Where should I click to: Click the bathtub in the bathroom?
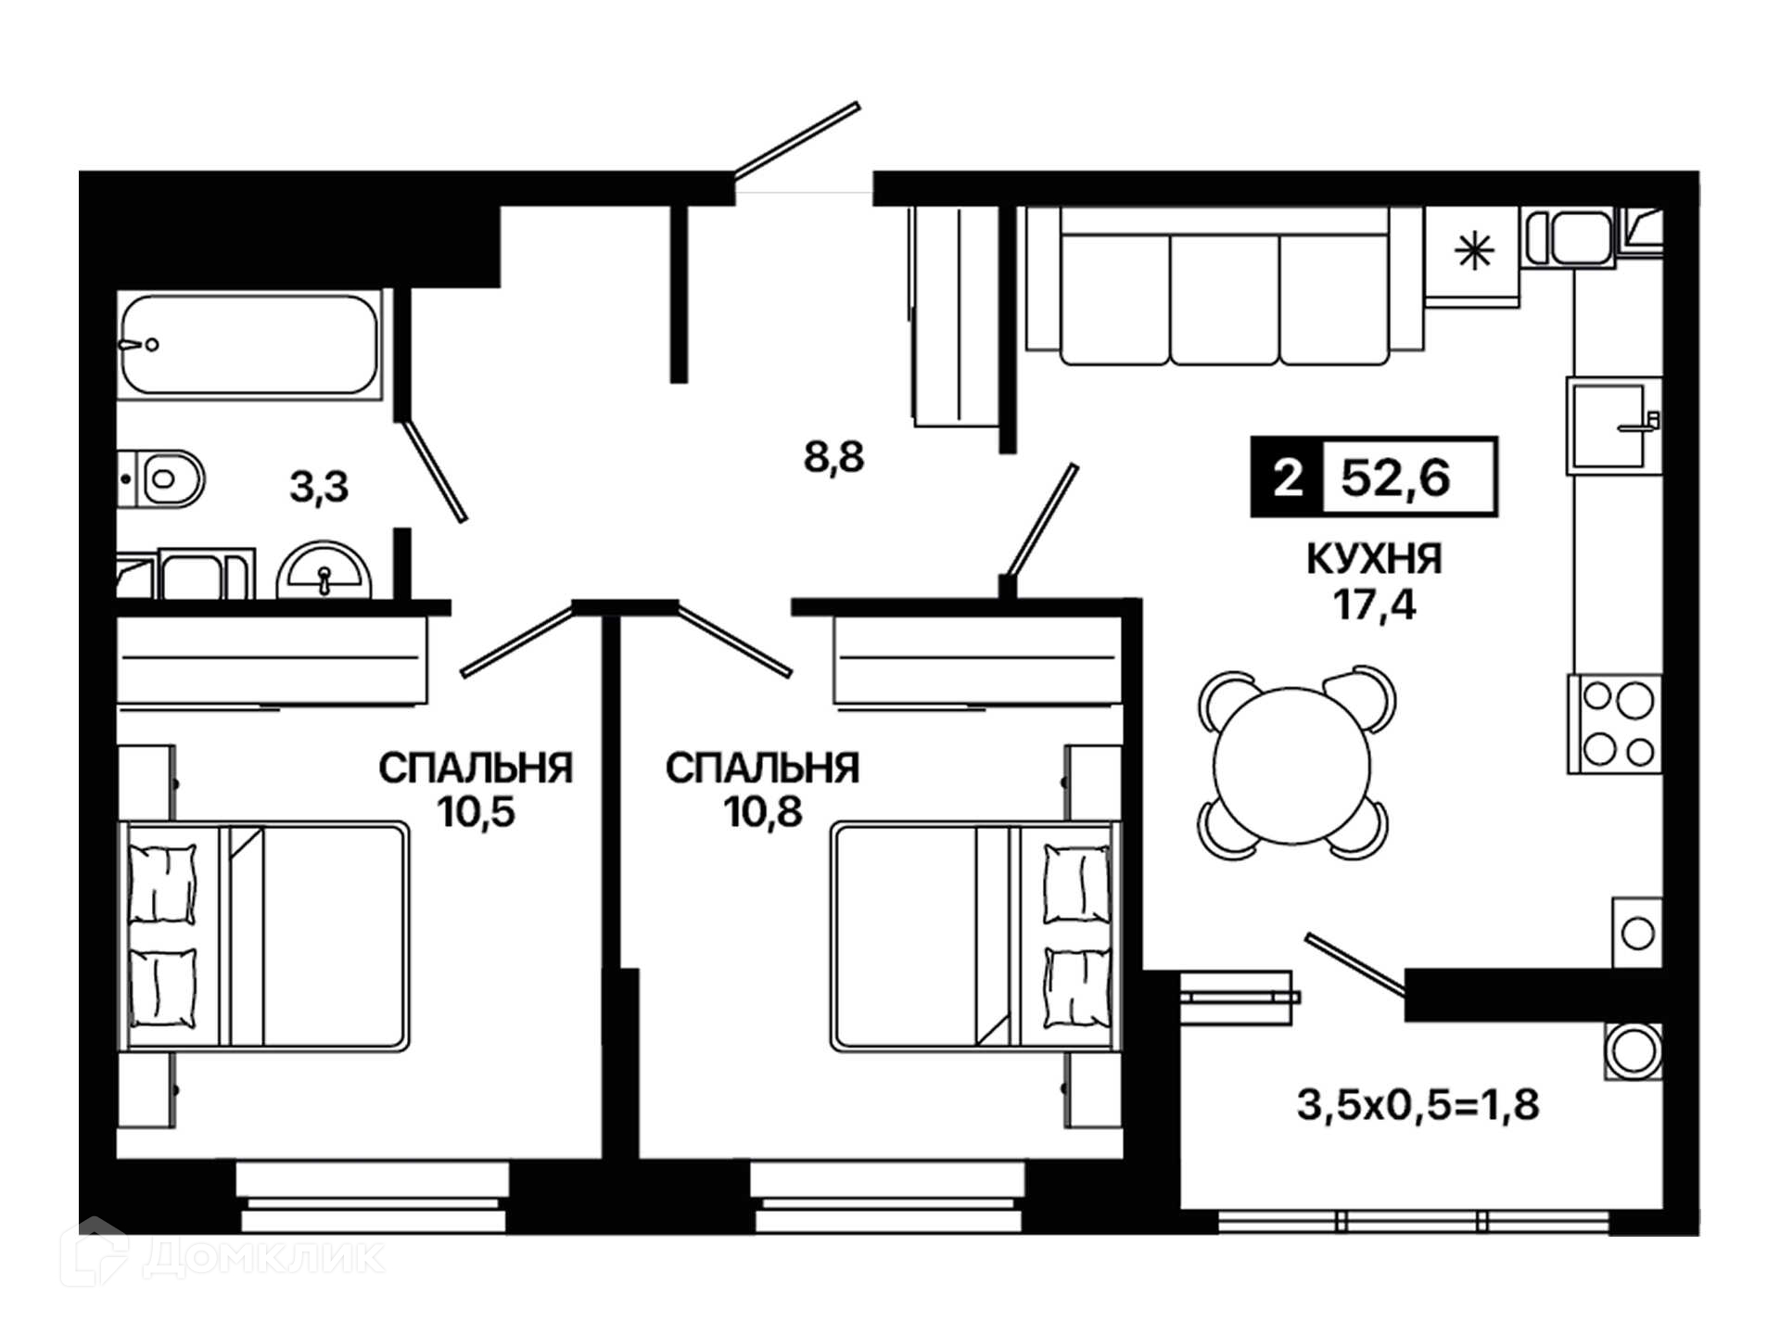click(249, 345)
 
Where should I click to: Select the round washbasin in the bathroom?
click(324, 571)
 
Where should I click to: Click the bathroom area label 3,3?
click(319, 487)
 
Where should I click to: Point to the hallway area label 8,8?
click(833, 457)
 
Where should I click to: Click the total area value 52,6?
click(1395, 478)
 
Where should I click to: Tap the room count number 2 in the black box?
click(1288, 478)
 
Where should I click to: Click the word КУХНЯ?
click(1374, 559)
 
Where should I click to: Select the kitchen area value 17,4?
click(1374, 604)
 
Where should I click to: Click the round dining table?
click(1291, 766)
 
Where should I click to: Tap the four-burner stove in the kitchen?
click(1615, 724)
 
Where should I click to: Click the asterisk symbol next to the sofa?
click(1474, 251)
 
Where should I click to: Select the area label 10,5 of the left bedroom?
click(477, 812)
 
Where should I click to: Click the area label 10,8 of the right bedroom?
click(763, 812)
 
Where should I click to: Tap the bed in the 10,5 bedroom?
click(264, 936)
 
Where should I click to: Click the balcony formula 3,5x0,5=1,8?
click(1418, 1104)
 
